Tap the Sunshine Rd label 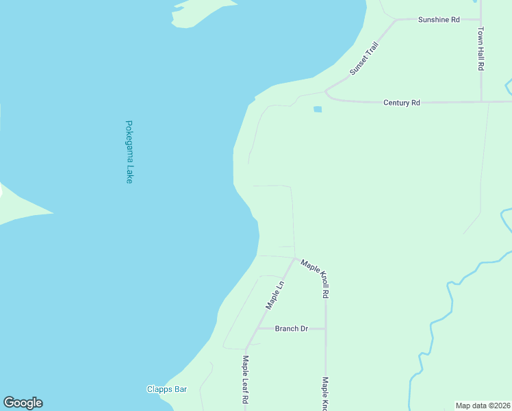[439, 20]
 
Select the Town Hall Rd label [481, 49]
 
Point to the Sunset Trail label [363, 58]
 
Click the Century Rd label [401, 102]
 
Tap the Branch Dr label [291, 329]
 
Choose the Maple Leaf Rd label [245, 380]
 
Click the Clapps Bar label [167, 389]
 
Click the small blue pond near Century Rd [317, 109]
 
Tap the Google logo [23, 403]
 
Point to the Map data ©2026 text [483, 405]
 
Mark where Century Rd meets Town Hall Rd [481, 102]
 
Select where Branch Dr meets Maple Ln [257, 329]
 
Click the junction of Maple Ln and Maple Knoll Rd [296, 258]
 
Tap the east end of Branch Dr [325, 329]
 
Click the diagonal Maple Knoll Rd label [316, 277]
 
